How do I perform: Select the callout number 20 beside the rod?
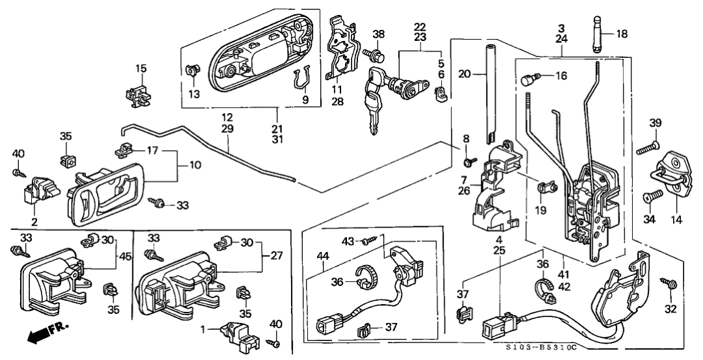pos(463,75)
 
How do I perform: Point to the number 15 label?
pos(141,68)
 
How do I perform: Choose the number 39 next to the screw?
pos(656,124)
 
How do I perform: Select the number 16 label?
pos(561,76)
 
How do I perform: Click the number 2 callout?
pos(34,222)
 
